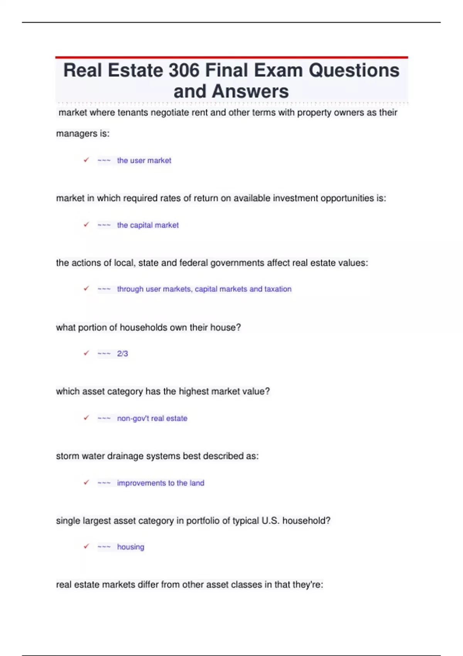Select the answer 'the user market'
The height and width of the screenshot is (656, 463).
click(x=144, y=161)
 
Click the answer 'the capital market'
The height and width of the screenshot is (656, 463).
click(x=148, y=225)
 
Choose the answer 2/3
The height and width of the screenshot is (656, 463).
click(x=122, y=353)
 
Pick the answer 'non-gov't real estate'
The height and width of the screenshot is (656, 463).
click(x=152, y=418)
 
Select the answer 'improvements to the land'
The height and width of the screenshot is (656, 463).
click(x=161, y=483)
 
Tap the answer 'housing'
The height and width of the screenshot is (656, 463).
click(x=130, y=547)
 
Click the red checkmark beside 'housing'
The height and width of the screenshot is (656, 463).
click(x=86, y=546)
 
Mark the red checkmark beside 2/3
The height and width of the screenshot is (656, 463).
click(x=86, y=353)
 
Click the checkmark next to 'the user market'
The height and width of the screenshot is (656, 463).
click(x=86, y=160)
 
